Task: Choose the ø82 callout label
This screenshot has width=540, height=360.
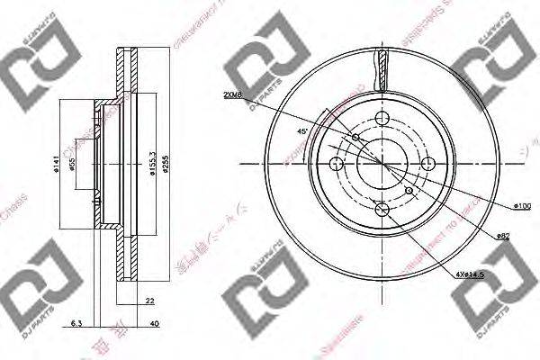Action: (x=504, y=236)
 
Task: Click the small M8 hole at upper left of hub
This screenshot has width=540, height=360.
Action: (x=357, y=138)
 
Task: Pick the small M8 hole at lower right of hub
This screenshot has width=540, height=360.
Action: (x=410, y=191)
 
